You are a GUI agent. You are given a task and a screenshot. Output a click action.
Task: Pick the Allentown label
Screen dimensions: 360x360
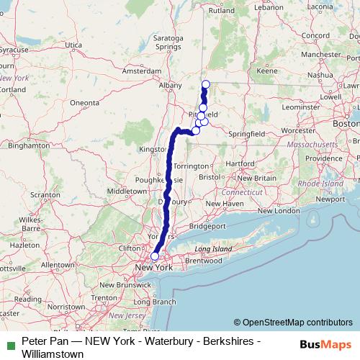(x=59, y=265)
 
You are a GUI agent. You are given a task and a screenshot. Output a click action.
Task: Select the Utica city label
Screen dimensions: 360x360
(x=73, y=45)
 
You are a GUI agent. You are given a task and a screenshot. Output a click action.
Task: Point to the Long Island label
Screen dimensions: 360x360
(x=212, y=248)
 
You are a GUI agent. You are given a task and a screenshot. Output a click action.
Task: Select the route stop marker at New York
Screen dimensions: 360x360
(x=154, y=256)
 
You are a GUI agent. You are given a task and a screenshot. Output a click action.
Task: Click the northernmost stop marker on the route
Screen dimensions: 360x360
(x=206, y=84)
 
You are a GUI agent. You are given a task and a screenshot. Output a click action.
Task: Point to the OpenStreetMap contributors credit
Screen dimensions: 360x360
(x=293, y=322)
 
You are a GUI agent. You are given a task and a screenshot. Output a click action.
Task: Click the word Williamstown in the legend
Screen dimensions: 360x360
(x=53, y=354)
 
